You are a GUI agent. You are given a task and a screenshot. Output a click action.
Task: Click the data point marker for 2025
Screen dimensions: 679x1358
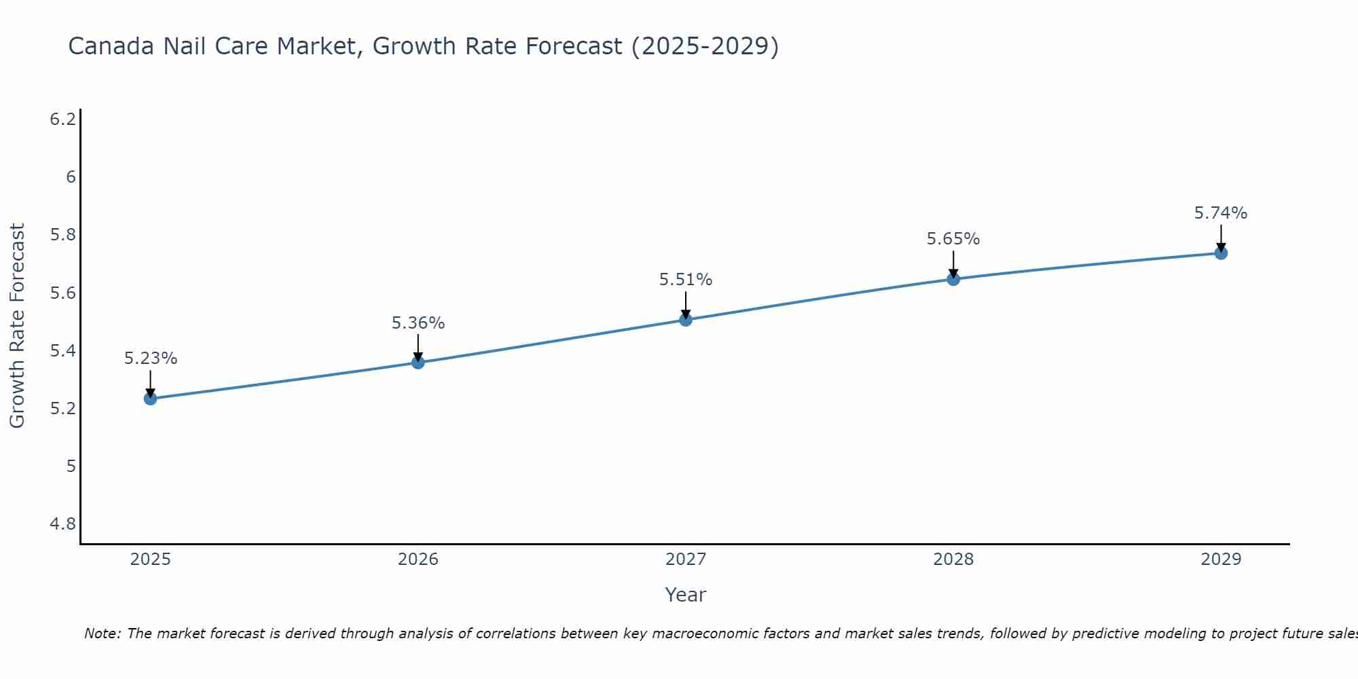(151, 399)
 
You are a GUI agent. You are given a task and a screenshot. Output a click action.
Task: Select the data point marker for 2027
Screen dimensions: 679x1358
(686, 320)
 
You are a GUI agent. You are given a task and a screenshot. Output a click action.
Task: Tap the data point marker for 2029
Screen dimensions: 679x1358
(1221, 253)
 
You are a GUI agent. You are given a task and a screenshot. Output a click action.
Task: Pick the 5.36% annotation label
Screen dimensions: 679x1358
(418, 323)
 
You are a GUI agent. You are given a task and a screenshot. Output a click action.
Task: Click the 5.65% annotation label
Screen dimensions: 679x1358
(953, 239)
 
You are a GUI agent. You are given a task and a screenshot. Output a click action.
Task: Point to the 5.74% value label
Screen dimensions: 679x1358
(1221, 213)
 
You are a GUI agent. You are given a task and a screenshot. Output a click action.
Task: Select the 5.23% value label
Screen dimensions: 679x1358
(151, 359)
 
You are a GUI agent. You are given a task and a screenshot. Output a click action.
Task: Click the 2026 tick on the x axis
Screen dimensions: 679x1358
(418, 559)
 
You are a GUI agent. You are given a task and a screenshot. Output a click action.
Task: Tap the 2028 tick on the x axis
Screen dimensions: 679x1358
(953, 559)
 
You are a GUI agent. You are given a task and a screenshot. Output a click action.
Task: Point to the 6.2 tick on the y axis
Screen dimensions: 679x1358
(63, 120)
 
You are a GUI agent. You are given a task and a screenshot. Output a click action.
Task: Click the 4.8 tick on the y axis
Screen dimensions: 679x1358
(63, 524)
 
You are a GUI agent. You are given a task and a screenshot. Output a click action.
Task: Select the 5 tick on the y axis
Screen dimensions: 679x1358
(71, 466)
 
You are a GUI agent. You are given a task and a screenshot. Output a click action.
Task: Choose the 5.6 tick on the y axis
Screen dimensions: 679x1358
(63, 293)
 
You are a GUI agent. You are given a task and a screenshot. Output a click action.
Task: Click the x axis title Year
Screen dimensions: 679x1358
(686, 595)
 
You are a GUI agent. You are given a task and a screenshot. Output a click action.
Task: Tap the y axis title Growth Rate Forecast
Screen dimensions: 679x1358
(18, 326)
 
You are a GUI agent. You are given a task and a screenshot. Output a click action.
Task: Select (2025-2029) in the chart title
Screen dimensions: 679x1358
(705, 47)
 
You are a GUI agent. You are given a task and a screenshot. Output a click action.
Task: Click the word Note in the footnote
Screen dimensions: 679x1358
(102, 634)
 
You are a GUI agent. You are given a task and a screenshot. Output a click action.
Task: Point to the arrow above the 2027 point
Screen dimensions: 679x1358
(686, 304)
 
